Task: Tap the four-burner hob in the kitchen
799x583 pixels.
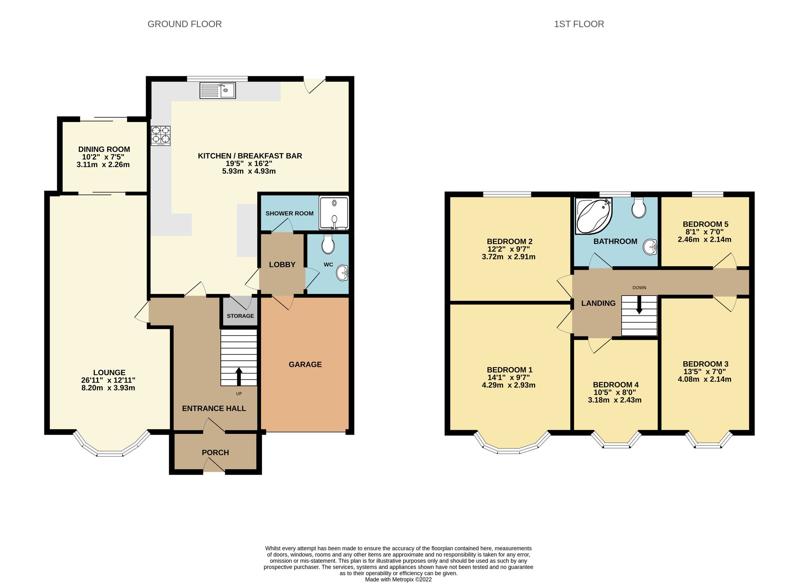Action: coord(161,136)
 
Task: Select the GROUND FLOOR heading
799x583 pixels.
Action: coord(184,24)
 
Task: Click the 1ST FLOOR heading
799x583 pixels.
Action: coord(579,24)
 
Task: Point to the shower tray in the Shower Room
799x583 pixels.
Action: coord(334,213)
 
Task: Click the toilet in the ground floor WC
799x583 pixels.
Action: coord(328,244)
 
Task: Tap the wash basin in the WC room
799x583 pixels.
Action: coord(342,273)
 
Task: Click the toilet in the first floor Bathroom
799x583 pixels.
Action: coord(639,208)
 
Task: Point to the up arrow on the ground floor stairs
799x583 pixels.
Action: coord(239,376)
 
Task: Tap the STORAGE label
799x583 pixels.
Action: coord(240,316)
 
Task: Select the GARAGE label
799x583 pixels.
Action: coord(305,364)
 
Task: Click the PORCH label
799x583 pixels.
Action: coord(215,452)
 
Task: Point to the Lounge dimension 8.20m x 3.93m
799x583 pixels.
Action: coord(108,388)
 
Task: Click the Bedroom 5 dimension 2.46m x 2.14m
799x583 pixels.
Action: coord(704,239)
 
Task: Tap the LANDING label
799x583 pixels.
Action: coord(598,303)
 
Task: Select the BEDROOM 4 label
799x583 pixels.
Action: coord(616,385)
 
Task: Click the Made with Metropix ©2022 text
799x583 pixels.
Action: coord(398,579)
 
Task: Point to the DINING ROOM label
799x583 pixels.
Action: coord(104,149)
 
